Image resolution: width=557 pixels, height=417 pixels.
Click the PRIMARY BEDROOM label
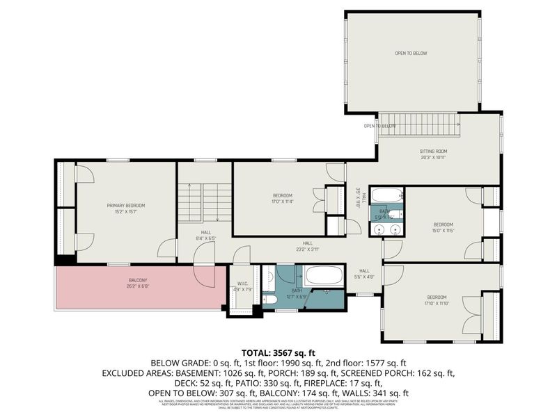pos(126,205)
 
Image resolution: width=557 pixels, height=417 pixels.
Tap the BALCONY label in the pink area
pos(137,280)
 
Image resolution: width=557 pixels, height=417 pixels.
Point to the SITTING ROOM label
pos(432,151)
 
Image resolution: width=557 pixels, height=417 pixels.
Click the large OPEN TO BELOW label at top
pos(411,53)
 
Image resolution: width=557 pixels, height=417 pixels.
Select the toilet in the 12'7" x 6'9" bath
pos(270,300)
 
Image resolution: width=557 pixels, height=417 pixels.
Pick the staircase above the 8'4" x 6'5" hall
pos(203,202)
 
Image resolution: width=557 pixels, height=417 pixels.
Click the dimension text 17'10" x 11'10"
pos(440,304)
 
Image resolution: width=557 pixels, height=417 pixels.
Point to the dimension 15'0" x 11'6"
pos(444,231)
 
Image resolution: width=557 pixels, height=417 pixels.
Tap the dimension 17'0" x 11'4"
pos(282,202)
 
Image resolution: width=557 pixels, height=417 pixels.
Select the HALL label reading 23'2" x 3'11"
pos(307,246)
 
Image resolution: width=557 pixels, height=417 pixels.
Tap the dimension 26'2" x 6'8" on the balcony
pos(137,286)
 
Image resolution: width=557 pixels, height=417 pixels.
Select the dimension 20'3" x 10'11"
pos(432,157)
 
